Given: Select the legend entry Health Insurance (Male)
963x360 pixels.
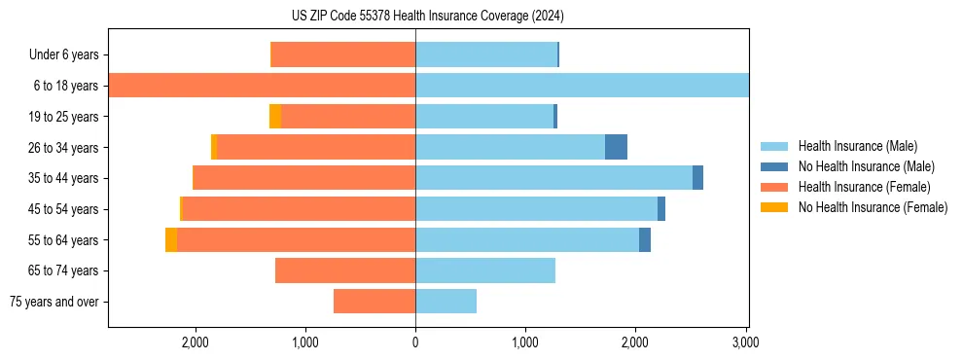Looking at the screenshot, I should pos(857,146).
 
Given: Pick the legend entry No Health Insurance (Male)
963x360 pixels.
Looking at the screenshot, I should pos(866,166).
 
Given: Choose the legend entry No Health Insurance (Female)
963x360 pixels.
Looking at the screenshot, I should pos(873,207).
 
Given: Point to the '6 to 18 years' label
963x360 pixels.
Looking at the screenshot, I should pos(66,86).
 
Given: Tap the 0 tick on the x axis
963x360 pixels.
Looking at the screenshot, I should pos(415,342).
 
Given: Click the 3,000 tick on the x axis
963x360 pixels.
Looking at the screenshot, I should pos(745,342).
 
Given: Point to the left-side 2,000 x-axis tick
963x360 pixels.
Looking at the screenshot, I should pos(196,342).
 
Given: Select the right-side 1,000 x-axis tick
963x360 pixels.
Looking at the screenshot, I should pos(525,342).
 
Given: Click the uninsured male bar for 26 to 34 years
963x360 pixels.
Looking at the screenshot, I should pos(616,147).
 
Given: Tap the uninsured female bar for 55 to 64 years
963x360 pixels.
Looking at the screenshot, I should pos(171,239).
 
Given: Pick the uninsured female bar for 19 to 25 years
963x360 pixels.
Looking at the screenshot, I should pos(275,116).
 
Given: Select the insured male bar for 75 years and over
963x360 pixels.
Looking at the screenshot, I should pos(446,302).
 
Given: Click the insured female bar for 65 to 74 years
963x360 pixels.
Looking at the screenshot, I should pos(345,270).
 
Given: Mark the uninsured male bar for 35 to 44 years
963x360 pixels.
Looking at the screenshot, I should pos(697,178).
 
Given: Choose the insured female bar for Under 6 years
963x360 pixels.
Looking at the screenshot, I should pos(342,54).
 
